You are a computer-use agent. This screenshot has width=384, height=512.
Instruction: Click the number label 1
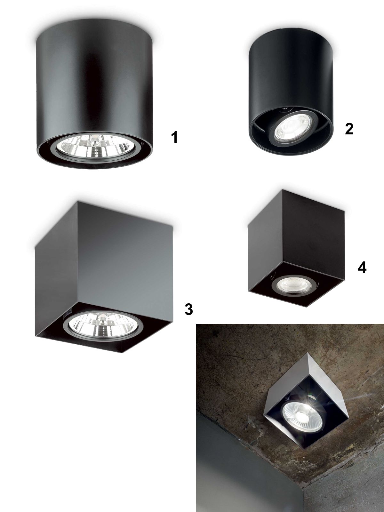tap(174, 137)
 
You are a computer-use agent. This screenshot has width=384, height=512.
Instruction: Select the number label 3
tap(188, 309)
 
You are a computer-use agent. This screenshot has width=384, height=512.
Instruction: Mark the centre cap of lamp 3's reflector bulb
tap(102, 322)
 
